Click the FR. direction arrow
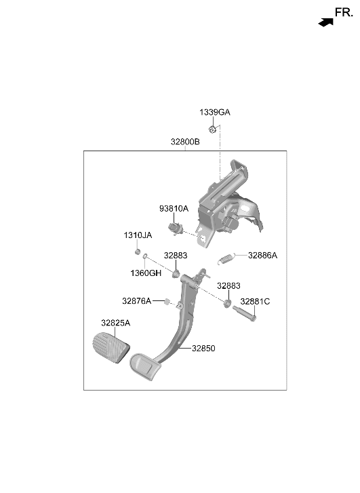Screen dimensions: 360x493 click(x=325, y=22)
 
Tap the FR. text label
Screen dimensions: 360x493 click(x=344, y=13)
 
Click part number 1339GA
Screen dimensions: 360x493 click(x=215, y=113)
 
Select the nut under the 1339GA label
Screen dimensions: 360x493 click(x=212, y=129)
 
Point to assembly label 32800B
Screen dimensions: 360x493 click(x=185, y=142)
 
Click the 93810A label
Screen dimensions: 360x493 click(x=174, y=208)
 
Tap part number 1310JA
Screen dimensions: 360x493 click(x=138, y=235)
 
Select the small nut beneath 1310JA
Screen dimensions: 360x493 click(x=138, y=252)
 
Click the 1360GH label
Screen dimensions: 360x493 click(x=146, y=273)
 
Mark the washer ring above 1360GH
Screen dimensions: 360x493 click(x=145, y=256)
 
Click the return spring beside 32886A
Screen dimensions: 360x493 click(x=226, y=258)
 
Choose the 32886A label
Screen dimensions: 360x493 click(x=262, y=256)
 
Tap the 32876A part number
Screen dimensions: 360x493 click(x=137, y=301)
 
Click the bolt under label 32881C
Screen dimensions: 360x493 click(x=245, y=314)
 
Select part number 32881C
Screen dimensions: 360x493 click(x=255, y=302)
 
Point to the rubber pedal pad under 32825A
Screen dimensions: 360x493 click(x=111, y=348)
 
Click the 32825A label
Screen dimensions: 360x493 click(x=116, y=323)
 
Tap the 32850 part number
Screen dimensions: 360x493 click(x=204, y=349)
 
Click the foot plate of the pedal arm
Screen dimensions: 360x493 click(x=145, y=368)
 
